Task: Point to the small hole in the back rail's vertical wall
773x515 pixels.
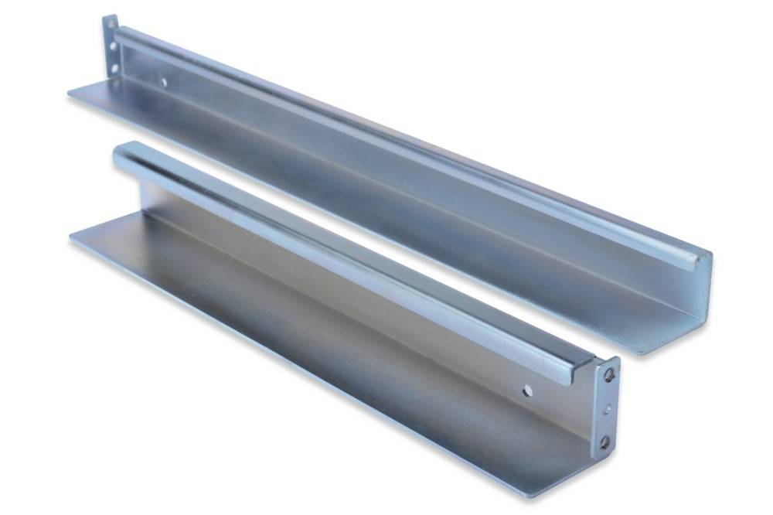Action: [162, 80]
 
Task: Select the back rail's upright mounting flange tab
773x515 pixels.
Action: [111, 46]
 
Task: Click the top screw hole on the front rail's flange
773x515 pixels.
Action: [609, 374]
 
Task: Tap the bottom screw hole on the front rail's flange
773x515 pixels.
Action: [604, 442]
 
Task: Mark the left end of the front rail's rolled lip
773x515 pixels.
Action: [117, 155]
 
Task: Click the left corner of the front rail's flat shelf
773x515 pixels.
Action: [72, 237]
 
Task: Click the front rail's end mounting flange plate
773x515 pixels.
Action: [607, 410]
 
